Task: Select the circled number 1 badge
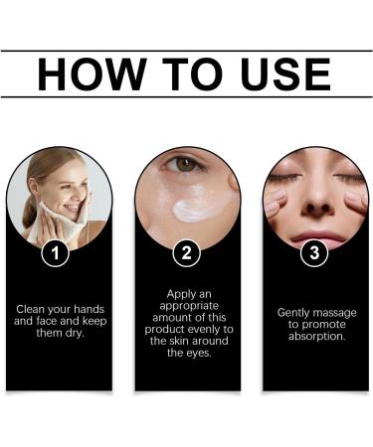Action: [x=59, y=253]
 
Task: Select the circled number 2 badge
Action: [x=187, y=253]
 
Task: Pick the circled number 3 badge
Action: [x=314, y=253]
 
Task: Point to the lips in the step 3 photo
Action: [x=313, y=235]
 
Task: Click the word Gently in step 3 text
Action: [x=295, y=312]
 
